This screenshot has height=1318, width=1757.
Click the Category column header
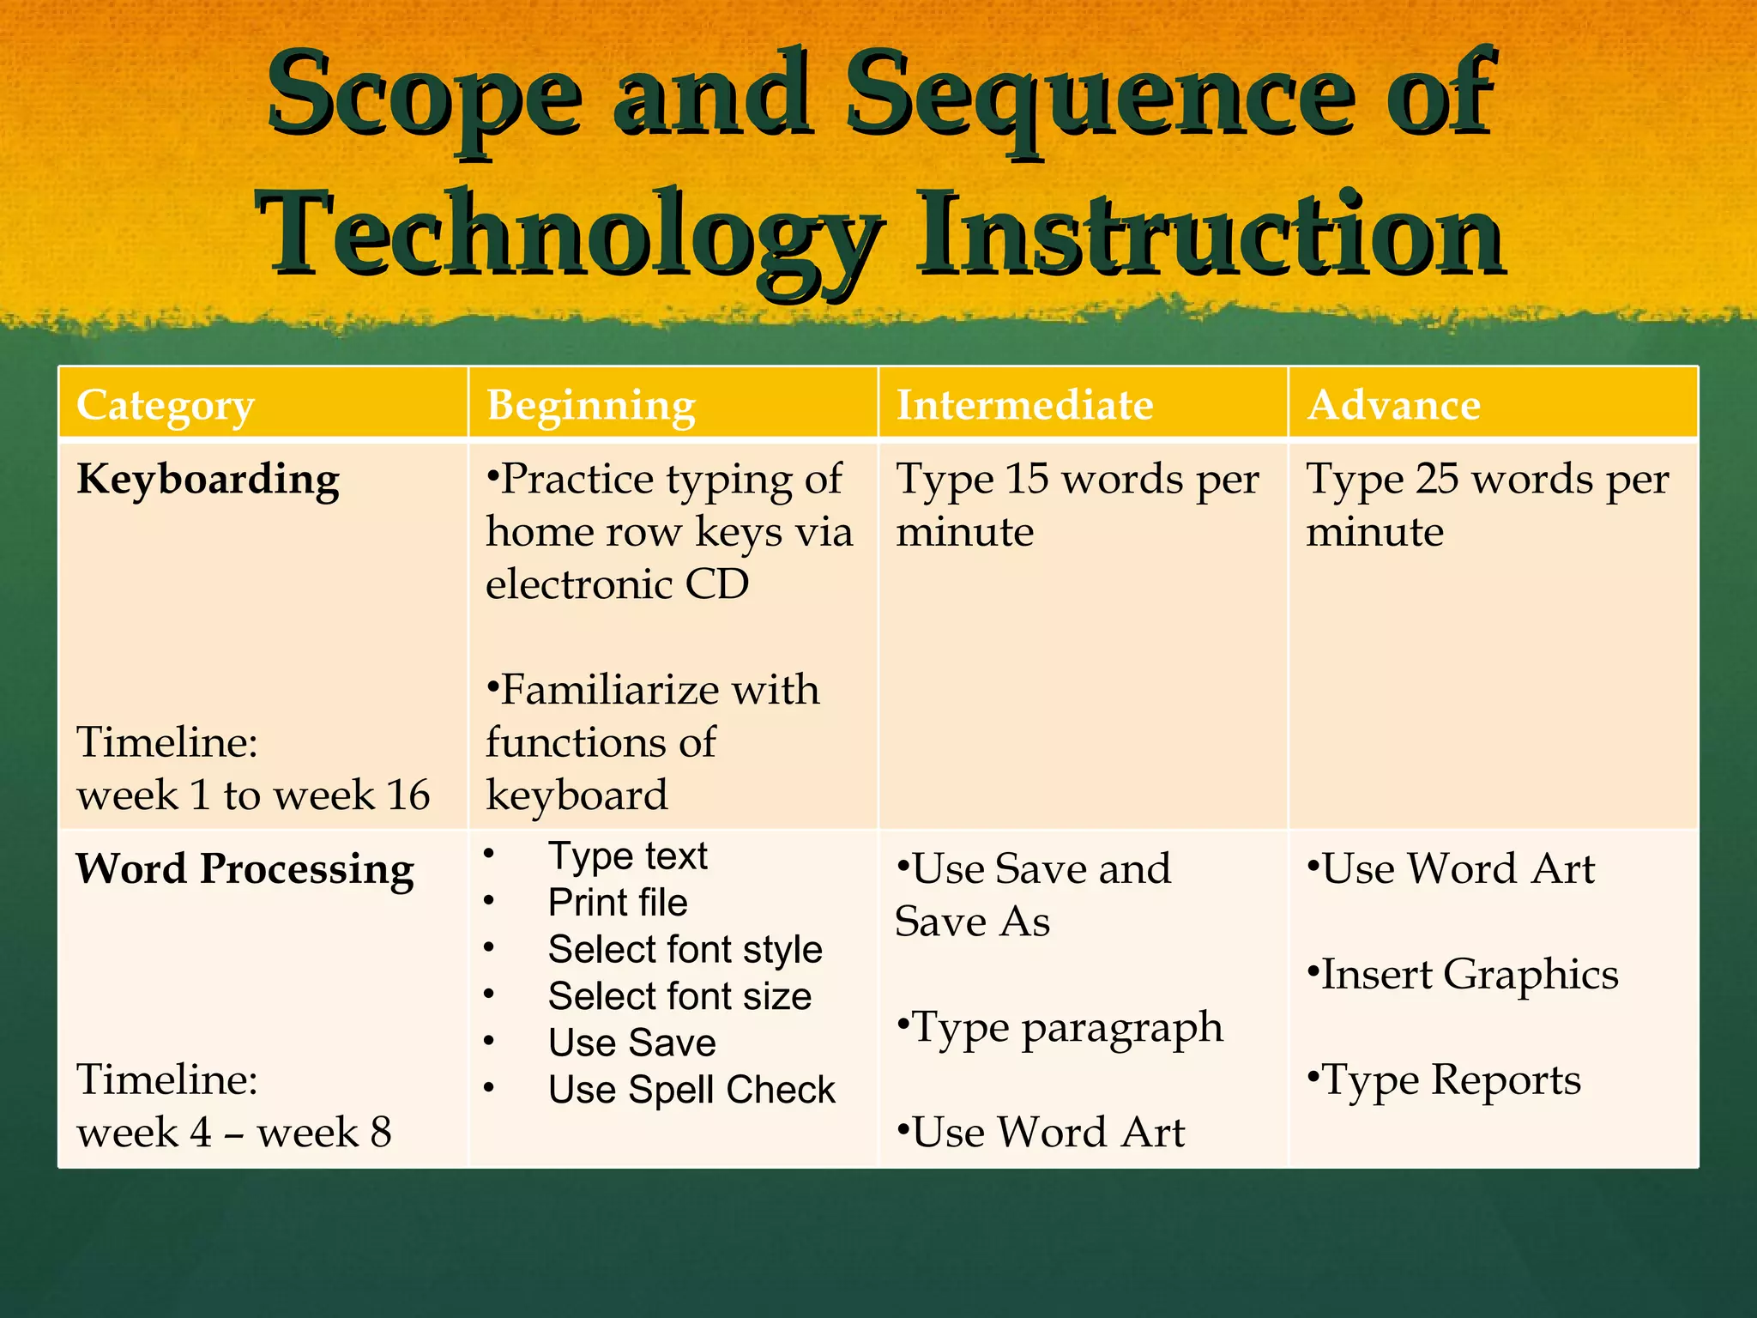click(166, 405)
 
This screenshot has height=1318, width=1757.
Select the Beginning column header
click(591, 405)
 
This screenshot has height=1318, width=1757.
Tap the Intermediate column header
click(1024, 405)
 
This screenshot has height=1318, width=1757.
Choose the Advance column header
click(1394, 405)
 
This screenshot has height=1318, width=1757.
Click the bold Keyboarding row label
click(208, 479)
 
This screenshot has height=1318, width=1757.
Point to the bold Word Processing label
click(245, 869)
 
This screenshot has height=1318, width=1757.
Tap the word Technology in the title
click(570, 236)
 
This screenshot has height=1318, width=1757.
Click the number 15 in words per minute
click(1028, 479)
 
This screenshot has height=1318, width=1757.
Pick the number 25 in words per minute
click(1437, 479)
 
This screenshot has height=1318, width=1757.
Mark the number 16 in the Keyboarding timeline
click(408, 795)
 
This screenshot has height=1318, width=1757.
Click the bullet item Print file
click(618, 903)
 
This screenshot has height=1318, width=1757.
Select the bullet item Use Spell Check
click(691, 1090)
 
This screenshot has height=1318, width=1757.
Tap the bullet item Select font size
click(679, 996)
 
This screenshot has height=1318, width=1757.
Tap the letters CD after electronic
click(716, 584)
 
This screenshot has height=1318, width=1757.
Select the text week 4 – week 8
click(234, 1132)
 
